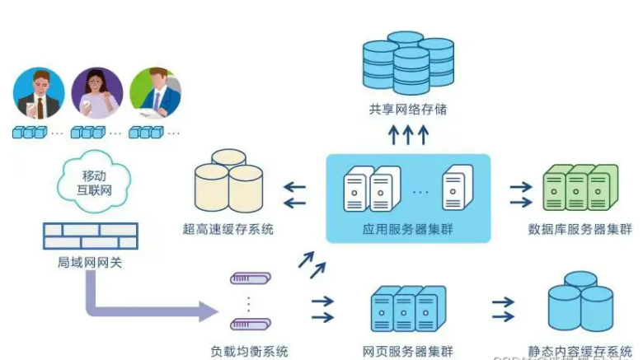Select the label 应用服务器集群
tap(409, 228)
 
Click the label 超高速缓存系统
tap(228, 228)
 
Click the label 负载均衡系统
tap(250, 352)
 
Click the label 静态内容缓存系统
tap(580, 352)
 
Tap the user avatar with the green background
tap(155, 92)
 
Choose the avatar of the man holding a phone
tap(39, 92)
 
